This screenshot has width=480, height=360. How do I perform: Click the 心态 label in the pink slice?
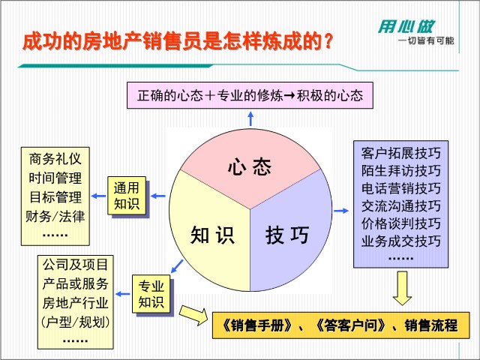tap(250, 166)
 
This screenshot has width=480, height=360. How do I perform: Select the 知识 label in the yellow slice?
tap(212, 235)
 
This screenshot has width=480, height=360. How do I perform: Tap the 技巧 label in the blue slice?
tap(287, 235)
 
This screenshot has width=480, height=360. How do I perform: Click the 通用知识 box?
tap(127, 196)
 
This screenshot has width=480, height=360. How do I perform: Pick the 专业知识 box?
tap(151, 294)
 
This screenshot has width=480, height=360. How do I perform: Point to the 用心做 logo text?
tap(406, 27)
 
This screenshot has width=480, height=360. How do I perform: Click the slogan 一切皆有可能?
tap(426, 40)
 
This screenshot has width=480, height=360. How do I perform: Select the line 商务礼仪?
tap(55, 159)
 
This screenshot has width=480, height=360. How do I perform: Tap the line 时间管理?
tap(55, 178)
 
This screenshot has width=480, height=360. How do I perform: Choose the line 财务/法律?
tap(55, 216)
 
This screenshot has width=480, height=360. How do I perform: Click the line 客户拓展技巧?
tap(400, 153)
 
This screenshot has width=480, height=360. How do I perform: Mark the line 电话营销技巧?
tap(400, 188)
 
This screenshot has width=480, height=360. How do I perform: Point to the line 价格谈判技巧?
tap(400, 223)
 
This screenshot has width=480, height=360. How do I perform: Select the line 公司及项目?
tap(75, 265)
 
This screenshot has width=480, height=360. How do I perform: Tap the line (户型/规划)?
tap(75, 322)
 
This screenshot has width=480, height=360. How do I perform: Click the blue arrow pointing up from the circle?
tap(250, 118)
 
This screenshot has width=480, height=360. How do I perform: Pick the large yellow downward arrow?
tap(402, 288)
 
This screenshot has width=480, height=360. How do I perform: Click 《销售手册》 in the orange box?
tap(258, 325)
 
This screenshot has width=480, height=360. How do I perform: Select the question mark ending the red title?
tap(328, 41)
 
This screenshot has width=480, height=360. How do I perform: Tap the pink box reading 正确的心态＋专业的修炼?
tap(250, 95)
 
